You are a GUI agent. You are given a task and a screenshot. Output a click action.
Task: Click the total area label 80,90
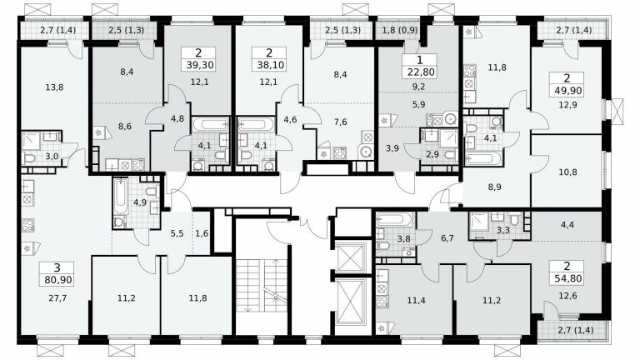pos(57,280)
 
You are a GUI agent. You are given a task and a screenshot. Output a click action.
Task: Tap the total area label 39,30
pos(200,65)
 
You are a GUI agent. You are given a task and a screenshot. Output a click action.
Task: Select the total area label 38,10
pos(270,65)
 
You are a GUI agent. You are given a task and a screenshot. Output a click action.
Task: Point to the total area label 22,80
pos(420,72)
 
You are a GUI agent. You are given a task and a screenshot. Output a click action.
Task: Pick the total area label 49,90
pos(568,90)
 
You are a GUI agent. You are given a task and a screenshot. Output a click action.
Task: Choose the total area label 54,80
pos(568,279)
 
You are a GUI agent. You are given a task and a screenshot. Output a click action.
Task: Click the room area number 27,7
pos(57,298)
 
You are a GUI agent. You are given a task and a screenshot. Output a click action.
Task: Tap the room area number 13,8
pos(54,87)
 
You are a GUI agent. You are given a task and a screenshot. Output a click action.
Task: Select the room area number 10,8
pos(567,172)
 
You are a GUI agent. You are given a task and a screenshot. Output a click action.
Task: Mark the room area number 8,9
pos(494,187)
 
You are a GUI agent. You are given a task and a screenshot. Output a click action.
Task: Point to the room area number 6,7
pos(447,238)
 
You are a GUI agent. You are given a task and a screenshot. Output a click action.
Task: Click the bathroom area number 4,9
pos(140,202)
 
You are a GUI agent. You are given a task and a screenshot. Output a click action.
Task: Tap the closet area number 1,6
pos(202,234)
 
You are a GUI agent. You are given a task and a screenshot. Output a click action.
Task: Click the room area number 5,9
pos(419,104)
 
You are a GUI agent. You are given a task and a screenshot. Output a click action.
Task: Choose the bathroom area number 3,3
pos(503,230)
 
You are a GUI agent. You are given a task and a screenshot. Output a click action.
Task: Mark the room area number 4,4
pos(567,224)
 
